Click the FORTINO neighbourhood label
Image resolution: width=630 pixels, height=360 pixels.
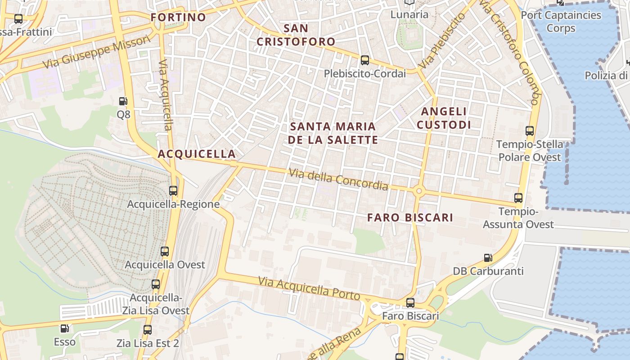click(x=178, y=18)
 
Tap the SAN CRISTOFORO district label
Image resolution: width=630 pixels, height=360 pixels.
click(x=296, y=35)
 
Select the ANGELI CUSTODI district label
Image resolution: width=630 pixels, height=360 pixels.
click(x=443, y=118)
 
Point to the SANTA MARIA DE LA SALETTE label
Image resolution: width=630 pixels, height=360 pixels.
click(x=333, y=133)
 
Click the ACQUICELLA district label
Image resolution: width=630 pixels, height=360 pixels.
click(x=197, y=154)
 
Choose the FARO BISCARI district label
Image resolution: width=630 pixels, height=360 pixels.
click(x=410, y=218)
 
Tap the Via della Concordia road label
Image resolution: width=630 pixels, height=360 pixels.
click(x=338, y=179)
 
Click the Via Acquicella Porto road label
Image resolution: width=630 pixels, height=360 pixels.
click(x=309, y=288)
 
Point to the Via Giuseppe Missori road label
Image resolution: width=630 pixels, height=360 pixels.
click(x=97, y=53)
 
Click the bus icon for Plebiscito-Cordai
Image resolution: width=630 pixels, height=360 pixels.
click(x=365, y=60)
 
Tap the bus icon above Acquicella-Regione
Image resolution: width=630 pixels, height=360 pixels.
click(x=173, y=190)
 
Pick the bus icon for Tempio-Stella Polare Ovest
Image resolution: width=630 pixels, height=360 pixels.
click(x=530, y=131)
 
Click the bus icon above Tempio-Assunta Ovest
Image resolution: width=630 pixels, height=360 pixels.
click(x=518, y=198)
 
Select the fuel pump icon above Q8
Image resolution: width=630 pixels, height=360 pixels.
click(x=123, y=101)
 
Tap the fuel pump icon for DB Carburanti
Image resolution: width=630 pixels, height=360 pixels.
click(x=488, y=258)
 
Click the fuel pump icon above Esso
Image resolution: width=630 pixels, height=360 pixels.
click(x=65, y=329)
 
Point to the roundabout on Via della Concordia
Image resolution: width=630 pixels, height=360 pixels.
click(x=419, y=191)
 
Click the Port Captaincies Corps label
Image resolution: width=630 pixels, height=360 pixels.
click(x=561, y=21)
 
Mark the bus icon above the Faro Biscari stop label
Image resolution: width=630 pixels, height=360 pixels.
click(x=410, y=302)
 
